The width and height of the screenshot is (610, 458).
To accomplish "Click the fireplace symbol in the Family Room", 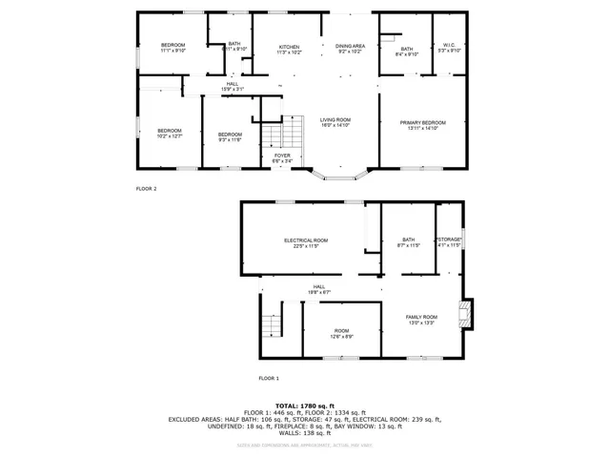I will coord(464,314).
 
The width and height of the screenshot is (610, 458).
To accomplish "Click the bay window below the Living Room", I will coord(341,175).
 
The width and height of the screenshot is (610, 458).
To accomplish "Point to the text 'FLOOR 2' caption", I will coord(146,188).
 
